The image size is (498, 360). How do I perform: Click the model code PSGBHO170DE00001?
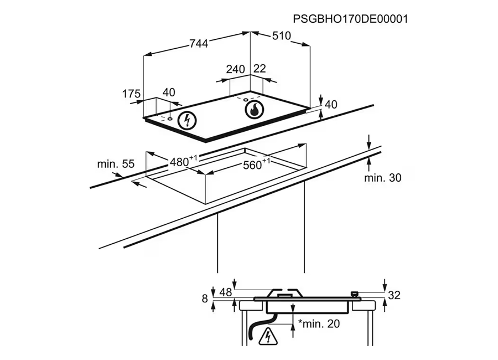point(350,19)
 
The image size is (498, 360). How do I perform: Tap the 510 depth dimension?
point(282,36)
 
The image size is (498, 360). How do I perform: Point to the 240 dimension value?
point(235,69)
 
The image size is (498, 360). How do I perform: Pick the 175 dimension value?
point(132,94)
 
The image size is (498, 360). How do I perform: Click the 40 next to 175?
point(169,92)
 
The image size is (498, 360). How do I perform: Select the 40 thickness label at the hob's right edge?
point(331,105)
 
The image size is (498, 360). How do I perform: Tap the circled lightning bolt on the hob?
point(188,120)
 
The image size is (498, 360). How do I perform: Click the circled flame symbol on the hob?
point(254,110)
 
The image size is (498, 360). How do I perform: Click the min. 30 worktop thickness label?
point(383,178)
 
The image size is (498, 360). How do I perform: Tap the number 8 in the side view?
point(204,299)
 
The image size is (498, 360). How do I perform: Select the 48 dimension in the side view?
point(226,292)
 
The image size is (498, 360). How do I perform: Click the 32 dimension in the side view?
point(393,296)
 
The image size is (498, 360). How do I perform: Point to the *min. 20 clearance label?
point(319,324)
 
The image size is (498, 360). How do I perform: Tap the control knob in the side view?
point(354,294)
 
